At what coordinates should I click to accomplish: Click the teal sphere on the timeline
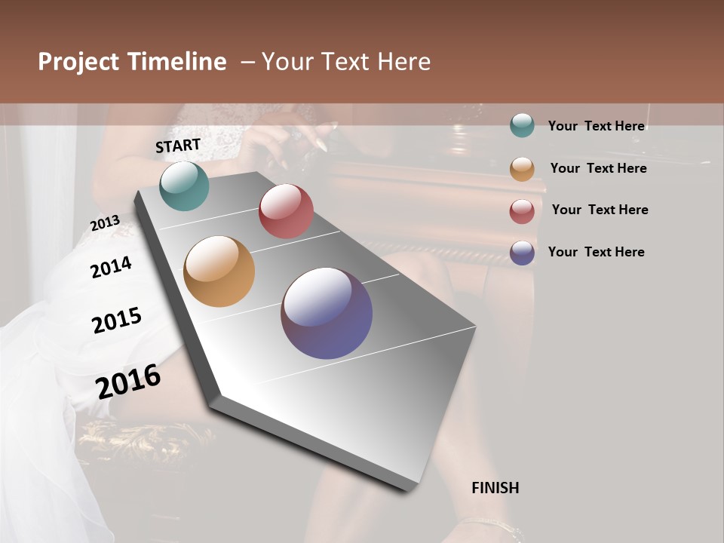click(184, 186)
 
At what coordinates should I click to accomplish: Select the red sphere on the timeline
click(286, 211)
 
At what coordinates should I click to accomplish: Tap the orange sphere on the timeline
click(219, 271)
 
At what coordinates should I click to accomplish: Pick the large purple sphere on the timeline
click(327, 313)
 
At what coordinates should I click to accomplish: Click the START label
click(178, 146)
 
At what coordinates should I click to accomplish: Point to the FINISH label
click(495, 488)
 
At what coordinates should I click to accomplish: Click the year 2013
click(105, 223)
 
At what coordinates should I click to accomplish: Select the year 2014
click(111, 267)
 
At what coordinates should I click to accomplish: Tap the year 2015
click(117, 321)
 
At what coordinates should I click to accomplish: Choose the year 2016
click(128, 382)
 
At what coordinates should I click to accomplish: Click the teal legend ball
click(522, 125)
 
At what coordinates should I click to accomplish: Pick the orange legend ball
click(522, 169)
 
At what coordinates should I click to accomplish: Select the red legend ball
click(522, 211)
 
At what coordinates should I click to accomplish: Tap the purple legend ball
click(522, 253)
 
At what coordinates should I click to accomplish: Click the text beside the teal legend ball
click(596, 126)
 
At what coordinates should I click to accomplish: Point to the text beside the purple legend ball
click(596, 252)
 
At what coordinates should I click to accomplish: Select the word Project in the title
click(78, 62)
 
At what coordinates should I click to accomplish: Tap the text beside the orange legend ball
click(598, 168)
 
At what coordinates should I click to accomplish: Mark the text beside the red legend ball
click(600, 210)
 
